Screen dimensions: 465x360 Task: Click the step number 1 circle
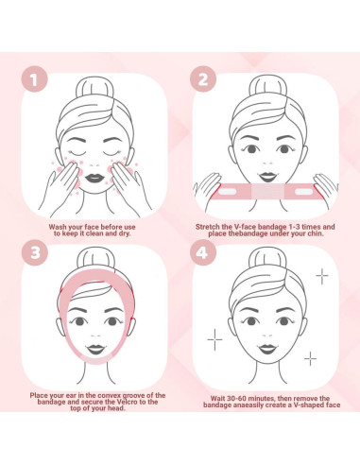[x=36, y=79]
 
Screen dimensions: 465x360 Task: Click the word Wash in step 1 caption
[x=59, y=227]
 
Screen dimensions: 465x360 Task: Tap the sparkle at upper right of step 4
[x=321, y=276]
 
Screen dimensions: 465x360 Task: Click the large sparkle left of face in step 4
[x=214, y=337]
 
